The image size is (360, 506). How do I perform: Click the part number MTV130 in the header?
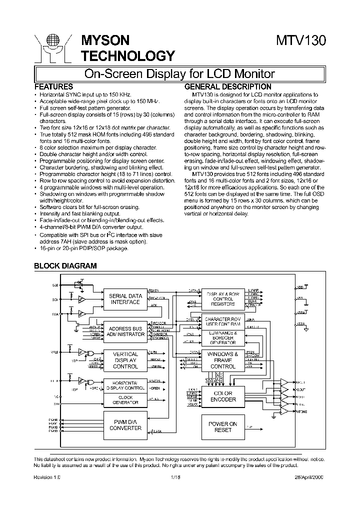pyautogui.click(x=301, y=41)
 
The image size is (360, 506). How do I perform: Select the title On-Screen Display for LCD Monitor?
pyautogui.click(x=179, y=74)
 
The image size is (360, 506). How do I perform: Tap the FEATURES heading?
pyautogui.click(x=53, y=86)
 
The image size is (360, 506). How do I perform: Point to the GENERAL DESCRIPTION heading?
pyautogui.click(x=228, y=86)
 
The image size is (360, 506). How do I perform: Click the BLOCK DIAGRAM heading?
pyautogui.click(x=65, y=266)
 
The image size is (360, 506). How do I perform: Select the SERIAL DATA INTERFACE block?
pyautogui.click(x=125, y=299)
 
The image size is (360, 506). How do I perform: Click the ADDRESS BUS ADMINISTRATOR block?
pyautogui.click(x=125, y=331)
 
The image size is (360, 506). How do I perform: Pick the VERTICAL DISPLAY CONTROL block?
pyautogui.click(x=125, y=360)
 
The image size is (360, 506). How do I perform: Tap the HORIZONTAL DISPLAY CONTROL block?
pyautogui.click(x=125, y=385)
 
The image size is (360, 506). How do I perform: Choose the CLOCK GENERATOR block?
pyautogui.click(x=125, y=399)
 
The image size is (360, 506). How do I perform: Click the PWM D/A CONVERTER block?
pyautogui.click(x=125, y=424)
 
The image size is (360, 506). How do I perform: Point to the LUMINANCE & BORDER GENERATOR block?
pyautogui.click(x=223, y=337)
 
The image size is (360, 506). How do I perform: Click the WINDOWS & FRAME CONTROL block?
pyautogui.click(x=223, y=360)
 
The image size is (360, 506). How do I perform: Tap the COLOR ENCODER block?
pyautogui.click(x=223, y=396)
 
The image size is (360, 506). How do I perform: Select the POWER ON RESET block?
pyautogui.click(x=223, y=426)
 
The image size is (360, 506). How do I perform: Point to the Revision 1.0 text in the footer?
pyautogui.click(x=47, y=477)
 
